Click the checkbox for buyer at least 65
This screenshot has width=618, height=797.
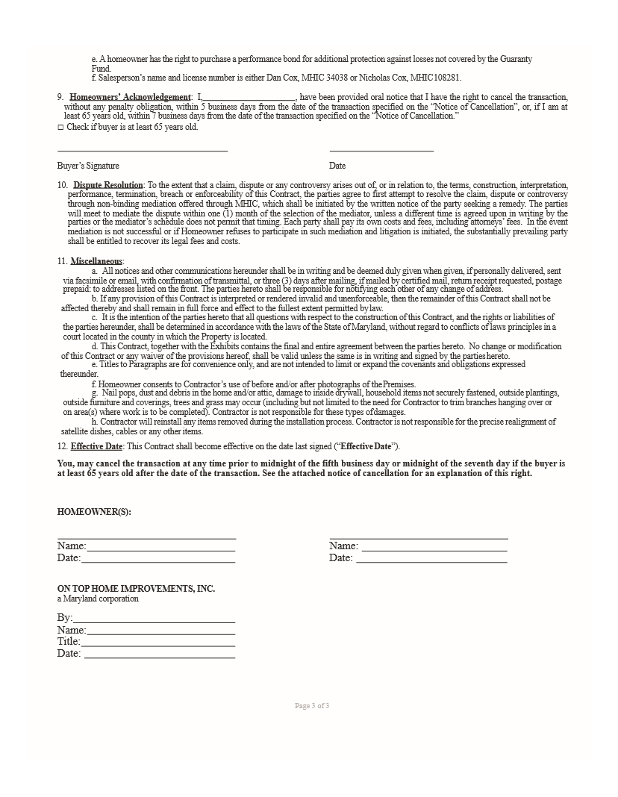60,128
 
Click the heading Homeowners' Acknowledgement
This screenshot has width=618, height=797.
130,97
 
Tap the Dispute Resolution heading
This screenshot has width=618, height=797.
107,185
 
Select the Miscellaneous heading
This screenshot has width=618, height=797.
96,261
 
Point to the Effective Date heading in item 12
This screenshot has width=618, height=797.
96,446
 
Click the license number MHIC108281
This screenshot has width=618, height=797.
436,77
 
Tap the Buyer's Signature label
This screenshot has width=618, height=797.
88,166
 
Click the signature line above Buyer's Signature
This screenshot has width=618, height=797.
142,151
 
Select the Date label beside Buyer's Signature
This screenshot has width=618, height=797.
337,166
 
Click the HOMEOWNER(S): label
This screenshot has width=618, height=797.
89,512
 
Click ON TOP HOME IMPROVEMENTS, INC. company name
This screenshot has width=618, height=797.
136,589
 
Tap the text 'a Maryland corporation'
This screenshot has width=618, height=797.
98,598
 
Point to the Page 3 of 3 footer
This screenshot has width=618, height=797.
312,706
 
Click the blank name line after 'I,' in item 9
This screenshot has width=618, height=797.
249,98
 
